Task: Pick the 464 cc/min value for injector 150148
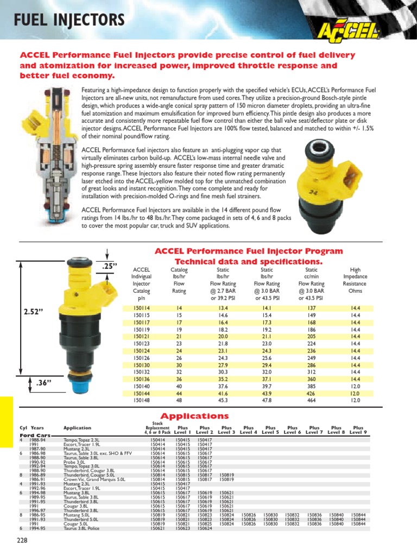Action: pos(311,400)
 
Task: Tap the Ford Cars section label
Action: pos(36,435)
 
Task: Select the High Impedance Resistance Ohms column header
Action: pos(356,280)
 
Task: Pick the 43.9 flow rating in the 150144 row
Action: pos(267,393)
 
